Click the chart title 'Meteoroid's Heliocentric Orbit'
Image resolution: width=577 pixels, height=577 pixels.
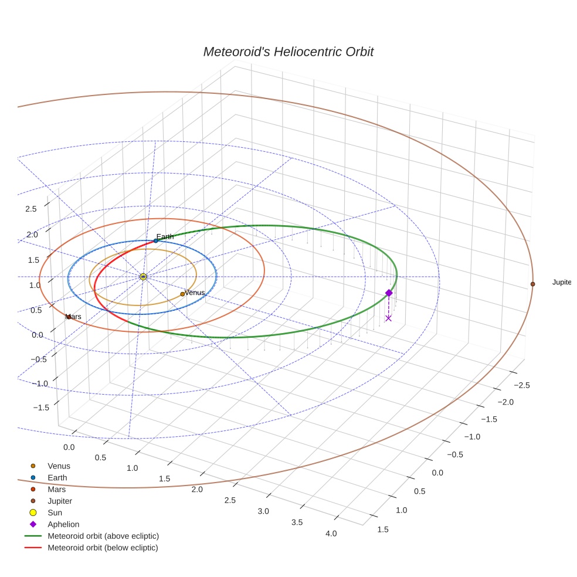tap(288, 52)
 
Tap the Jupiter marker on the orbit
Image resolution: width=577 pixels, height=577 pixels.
tap(532, 284)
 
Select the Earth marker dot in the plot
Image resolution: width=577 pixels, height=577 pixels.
tap(155, 240)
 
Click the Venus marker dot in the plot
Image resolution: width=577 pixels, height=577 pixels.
tap(182, 294)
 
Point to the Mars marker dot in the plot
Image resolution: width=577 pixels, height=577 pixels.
tap(69, 317)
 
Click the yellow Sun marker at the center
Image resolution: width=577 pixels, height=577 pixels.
tap(143, 276)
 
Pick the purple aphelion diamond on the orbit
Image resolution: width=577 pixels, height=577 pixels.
tap(388, 293)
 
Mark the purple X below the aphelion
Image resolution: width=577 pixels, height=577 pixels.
tap(388, 318)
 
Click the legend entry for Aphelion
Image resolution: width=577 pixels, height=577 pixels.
tap(63, 524)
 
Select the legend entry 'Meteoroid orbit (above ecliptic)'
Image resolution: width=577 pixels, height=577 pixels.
tap(103, 536)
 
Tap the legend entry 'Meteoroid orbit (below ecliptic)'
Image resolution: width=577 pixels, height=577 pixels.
tap(103, 548)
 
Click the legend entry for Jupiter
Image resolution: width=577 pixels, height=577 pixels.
tap(59, 501)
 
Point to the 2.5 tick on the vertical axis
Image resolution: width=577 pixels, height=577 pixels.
tap(31, 209)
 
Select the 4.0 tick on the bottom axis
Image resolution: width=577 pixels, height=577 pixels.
tap(331, 534)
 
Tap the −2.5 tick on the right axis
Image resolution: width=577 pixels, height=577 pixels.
tap(522, 385)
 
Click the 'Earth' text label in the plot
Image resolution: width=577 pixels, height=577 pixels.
tap(165, 236)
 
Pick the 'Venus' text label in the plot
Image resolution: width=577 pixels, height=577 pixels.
tap(195, 292)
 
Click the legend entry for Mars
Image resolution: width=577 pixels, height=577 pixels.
tap(56, 489)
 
